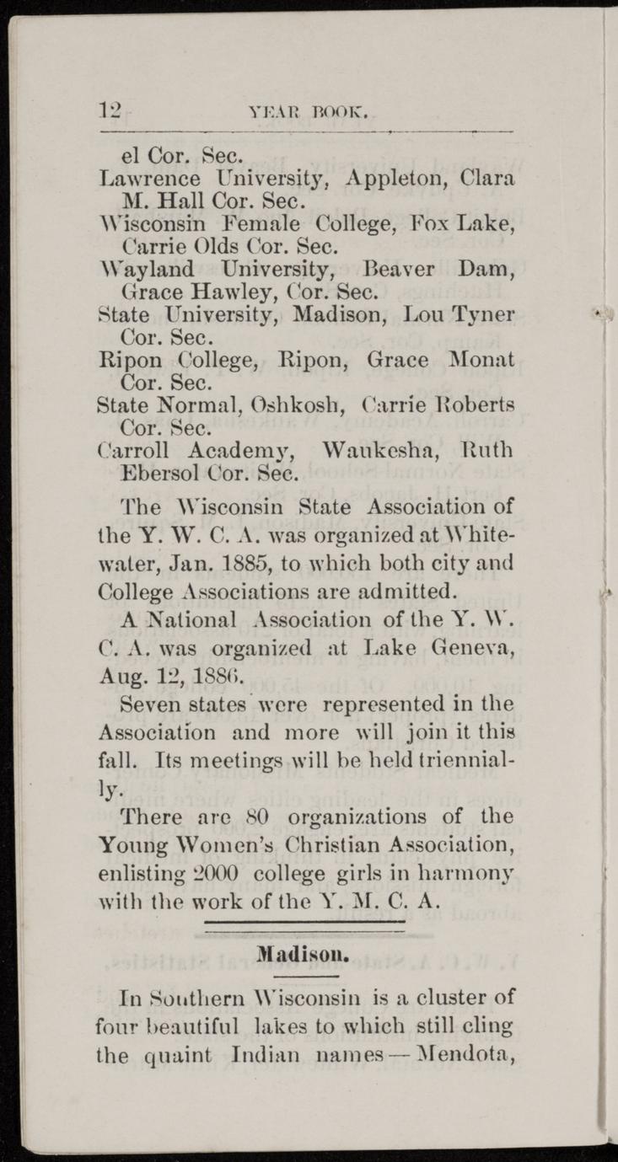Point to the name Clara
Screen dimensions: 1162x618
(488, 179)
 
